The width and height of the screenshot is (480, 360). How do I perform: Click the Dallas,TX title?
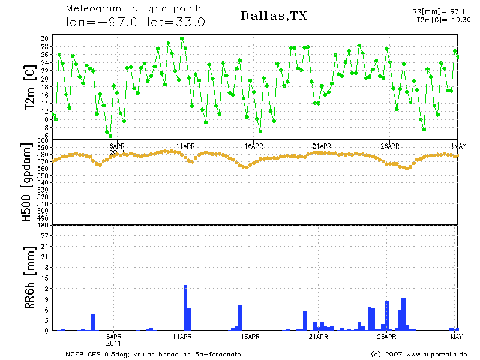coord(274,16)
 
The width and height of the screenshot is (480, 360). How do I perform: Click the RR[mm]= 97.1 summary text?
coord(439,11)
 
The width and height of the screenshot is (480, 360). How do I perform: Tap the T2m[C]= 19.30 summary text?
coord(443,20)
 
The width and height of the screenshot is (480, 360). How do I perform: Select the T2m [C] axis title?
coord(31,87)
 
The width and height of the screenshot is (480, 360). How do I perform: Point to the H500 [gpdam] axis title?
coord(26,182)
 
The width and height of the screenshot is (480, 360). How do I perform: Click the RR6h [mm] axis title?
coord(29,277)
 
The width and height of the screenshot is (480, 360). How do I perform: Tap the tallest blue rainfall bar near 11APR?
coord(185,308)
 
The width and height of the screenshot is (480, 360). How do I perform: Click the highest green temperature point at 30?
coord(182,38)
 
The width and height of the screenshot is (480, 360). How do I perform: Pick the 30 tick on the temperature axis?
coord(44,38)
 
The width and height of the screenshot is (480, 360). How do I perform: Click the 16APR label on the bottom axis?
coord(250,337)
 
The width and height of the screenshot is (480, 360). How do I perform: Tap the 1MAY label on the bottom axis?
coord(455,337)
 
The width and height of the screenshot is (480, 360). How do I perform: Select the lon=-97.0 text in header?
coord(102,22)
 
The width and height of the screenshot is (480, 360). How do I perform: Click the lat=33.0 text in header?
coord(176,22)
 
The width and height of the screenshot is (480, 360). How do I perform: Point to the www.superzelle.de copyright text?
coord(437,355)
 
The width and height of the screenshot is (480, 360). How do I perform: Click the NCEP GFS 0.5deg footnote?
coord(97,355)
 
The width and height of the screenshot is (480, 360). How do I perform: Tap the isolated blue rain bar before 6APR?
coord(93,322)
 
